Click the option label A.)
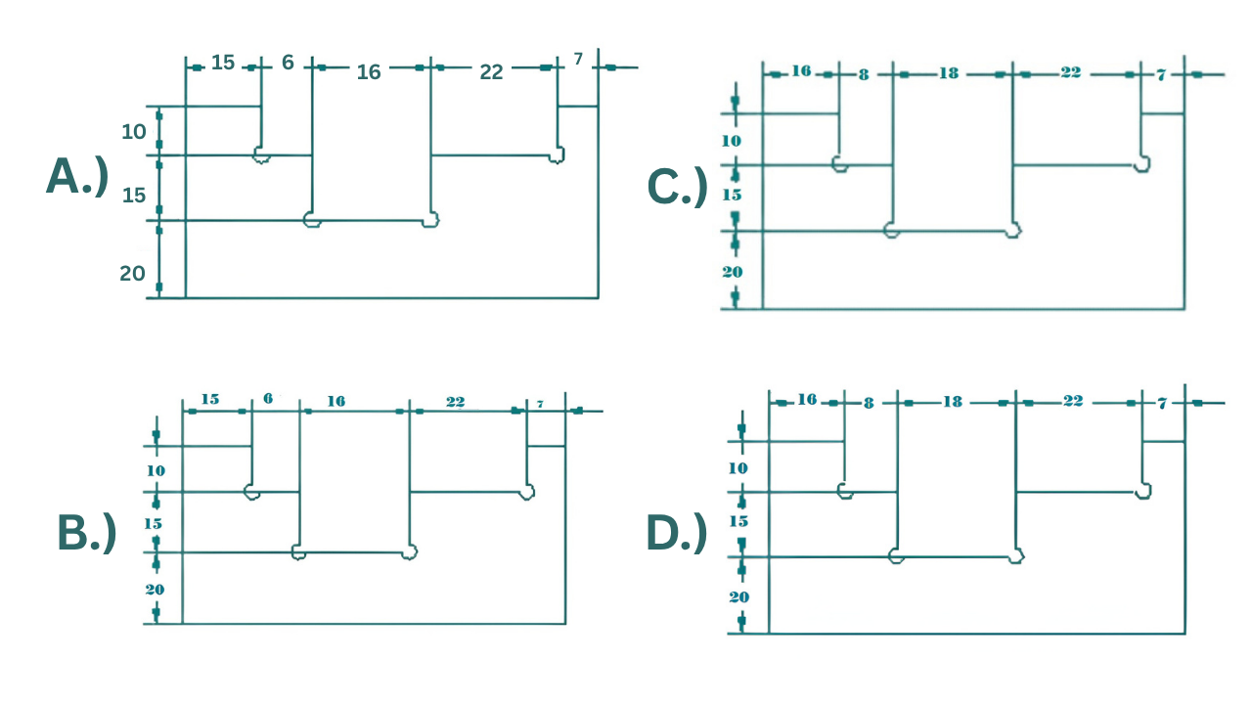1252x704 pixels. pyautogui.click(x=76, y=177)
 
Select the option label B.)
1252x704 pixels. pyautogui.click(x=86, y=532)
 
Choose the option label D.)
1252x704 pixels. pyautogui.click(x=676, y=532)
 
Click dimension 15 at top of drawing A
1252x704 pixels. pyautogui.click(x=223, y=64)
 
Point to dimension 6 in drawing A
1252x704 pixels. pyautogui.click(x=288, y=63)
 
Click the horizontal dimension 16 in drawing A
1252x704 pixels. pyautogui.click(x=368, y=72)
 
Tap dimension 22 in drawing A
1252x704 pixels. pyautogui.click(x=491, y=72)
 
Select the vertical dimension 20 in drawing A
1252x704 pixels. pyautogui.click(x=132, y=274)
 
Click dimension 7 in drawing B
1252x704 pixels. pyautogui.click(x=540, y=404)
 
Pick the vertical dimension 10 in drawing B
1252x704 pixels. pyautogui.click(x=156, y=470)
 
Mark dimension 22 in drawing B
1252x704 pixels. pyautogui.click(x=455, y=402)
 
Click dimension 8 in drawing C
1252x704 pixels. pyautogui.click(x=863, y=74)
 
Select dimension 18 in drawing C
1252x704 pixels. pyautogui.click(x=948, y=73)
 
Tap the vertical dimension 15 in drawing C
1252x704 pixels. pyautogui.click(x=732, y=195)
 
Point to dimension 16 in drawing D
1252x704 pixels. pyautogui.click(x=807, y=399)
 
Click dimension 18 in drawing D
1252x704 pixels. pyautogui.click(x=952, y=401)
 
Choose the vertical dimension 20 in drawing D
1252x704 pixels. pyautogui.click(x=738, y=596)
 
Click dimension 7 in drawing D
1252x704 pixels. pyautogui.click(x=1162, y=402)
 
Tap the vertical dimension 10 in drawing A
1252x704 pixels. pyautogui.click(x=134, y=131)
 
